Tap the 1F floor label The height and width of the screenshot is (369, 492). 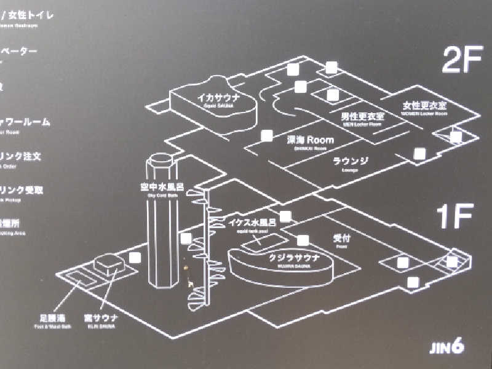(x=454, y=218)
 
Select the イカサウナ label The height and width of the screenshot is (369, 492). (x=217, y=98)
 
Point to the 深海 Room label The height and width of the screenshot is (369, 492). (x=311, y=140)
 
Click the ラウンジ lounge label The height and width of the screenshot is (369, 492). (x=350, y=161)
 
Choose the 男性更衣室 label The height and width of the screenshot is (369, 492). (x=362, y=115)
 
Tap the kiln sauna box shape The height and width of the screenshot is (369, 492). (x=109, y=266)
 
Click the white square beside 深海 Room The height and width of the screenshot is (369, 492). (x=267, y=136)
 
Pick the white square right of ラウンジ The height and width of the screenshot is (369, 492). (x=419, y=154)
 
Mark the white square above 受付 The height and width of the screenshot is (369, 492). (x=303, y=240)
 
